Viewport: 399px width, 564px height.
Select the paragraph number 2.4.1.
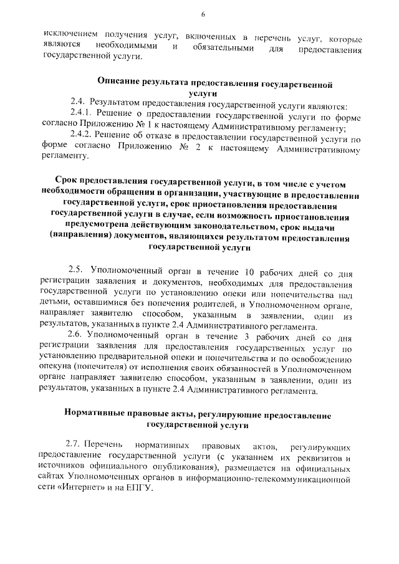point(81,115)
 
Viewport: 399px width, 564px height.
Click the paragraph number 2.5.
point(77,271)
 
